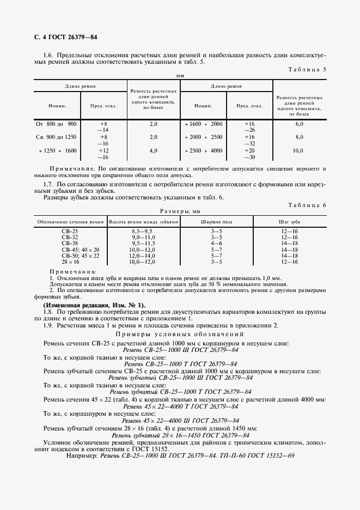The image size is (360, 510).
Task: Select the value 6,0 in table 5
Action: tap(299, 124)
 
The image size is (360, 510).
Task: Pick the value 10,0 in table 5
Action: tap(299, 150)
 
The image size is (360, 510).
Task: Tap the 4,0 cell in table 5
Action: tap(153, 150)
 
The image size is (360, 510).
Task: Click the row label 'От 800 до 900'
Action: tap(57, 124)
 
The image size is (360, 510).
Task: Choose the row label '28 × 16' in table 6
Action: tap(69, 262)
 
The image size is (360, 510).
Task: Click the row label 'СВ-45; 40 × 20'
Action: tap(69, 250)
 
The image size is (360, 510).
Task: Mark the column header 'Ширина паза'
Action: tap(216, 221)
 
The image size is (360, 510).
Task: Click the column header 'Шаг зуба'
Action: tap(287, 221)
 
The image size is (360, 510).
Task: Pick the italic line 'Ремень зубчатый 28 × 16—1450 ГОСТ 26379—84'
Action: tap(180, 435)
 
